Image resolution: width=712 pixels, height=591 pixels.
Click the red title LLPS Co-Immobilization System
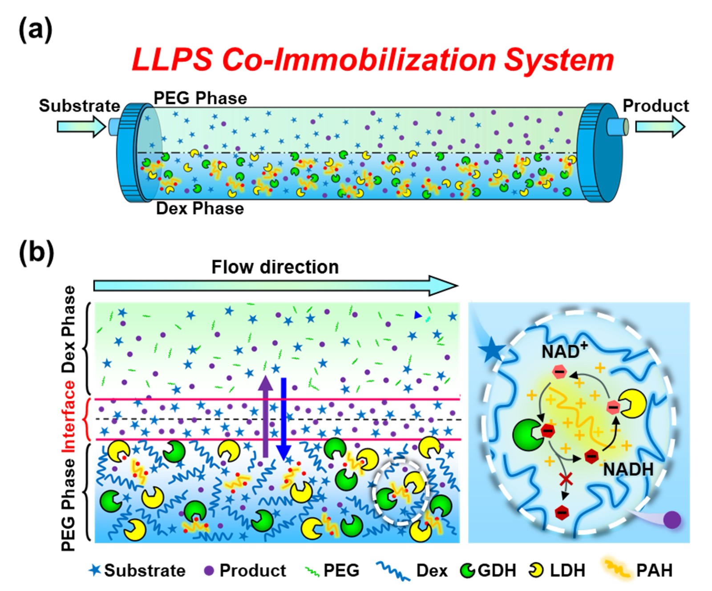pyautogui.click(x=372, y=60)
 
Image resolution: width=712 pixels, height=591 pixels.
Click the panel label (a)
pyautogui.click(x=35, y=31)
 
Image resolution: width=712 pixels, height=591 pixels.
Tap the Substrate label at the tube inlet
pyautogui.click(x=79, y=106)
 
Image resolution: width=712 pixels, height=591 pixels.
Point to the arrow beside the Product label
pyautogui.click(x=659, y=127)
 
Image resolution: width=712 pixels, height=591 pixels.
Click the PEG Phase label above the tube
pyautogui.click(x=200, y=98)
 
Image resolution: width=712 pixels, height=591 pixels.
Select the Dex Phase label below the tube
pyautogui.click(x=200, y=208)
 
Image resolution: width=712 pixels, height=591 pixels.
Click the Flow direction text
pyautogui.click(x=275, y=267)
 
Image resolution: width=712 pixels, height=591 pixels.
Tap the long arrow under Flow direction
pyautogui.click(x=276, y=285)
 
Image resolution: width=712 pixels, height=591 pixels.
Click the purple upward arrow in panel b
pyautogui.click(x=266, y=416)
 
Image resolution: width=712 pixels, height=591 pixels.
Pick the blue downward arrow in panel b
pyautogui.click(x=283, y=419)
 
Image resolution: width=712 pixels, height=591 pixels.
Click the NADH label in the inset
pyautogui.click(x=628, y=469)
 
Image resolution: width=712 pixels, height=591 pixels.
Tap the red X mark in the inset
pyautogui.click(x=566, y=479)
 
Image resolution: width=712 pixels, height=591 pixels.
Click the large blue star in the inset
pyautogui.click(x=492, y=350)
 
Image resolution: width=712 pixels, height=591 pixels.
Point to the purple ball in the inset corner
pyautogui.click(x=672, y=520)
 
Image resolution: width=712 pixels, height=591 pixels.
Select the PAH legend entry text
pyautogui.click(x=654, y=571)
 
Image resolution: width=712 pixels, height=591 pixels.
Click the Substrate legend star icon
pyautogui.click(x=95, y=570)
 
